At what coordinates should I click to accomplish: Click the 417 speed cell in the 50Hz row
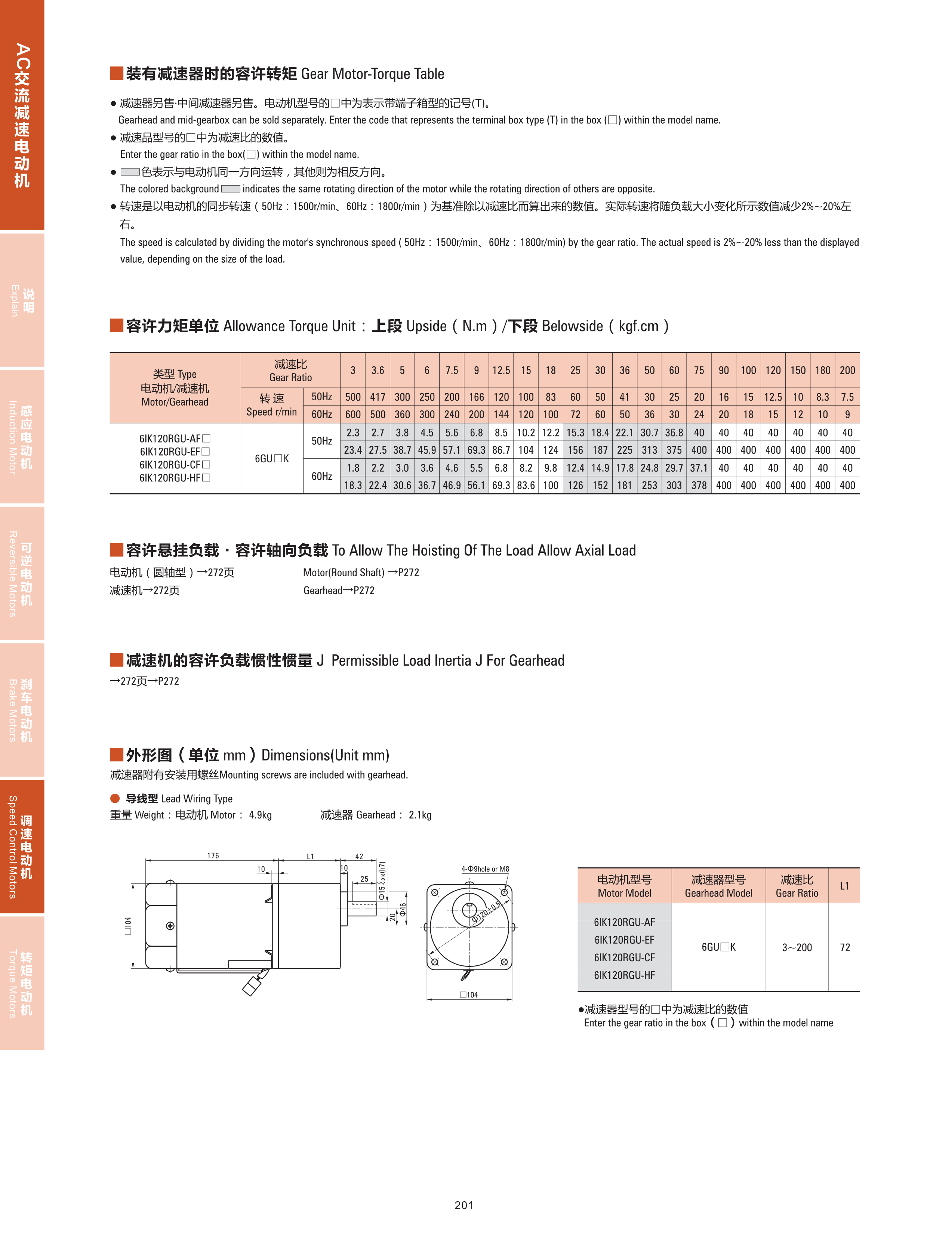tap(377, 397)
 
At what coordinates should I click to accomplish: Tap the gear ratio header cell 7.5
tap(451, 370)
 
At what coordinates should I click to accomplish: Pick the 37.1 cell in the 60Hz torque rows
tap(699, 468)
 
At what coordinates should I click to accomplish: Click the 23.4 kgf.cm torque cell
tap(352, 450)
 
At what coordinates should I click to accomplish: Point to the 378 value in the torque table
tap(699, 485)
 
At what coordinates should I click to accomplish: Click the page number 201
tap(463, 1205)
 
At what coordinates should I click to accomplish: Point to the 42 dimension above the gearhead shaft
tap(359, 856)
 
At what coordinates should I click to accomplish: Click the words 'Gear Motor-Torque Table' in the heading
tap(373, 74)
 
